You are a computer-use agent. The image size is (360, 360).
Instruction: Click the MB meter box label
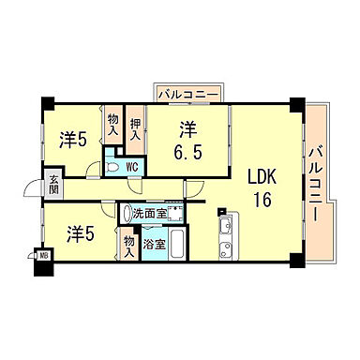43,253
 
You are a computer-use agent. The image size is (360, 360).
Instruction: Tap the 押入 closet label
136,128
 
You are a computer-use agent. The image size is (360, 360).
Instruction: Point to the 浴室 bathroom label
154,244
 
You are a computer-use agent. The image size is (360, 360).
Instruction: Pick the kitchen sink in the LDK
225,228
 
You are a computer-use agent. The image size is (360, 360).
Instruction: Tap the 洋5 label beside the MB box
79,232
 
